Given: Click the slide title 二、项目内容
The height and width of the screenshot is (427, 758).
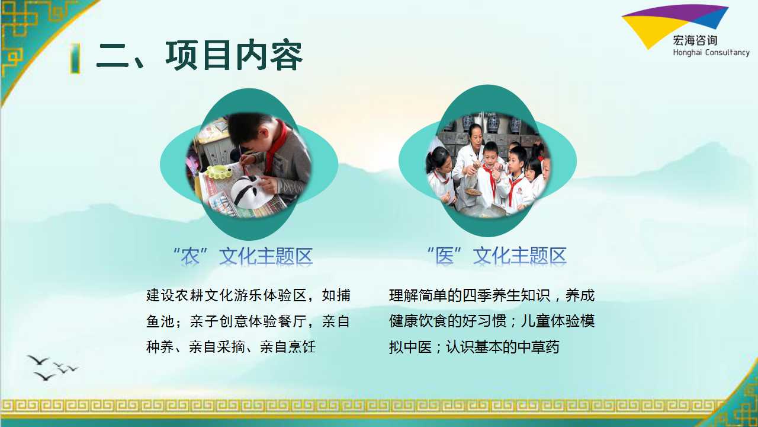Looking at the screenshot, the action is click(x=200, y=56).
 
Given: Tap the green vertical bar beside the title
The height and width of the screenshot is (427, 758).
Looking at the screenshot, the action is click(x=76, y=58).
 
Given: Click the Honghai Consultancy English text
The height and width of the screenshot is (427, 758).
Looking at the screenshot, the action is click(x=711, y=53).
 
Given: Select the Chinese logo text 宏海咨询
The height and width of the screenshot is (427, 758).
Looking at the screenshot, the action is click(x=695, y=41).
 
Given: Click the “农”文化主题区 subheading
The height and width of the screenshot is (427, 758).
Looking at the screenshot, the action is click(x=243, y=256).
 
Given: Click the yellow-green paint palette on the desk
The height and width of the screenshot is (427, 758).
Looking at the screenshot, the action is click(x=219, y=172).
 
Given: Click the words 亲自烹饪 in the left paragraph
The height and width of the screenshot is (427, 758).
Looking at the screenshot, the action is click(x=288, y=347).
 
